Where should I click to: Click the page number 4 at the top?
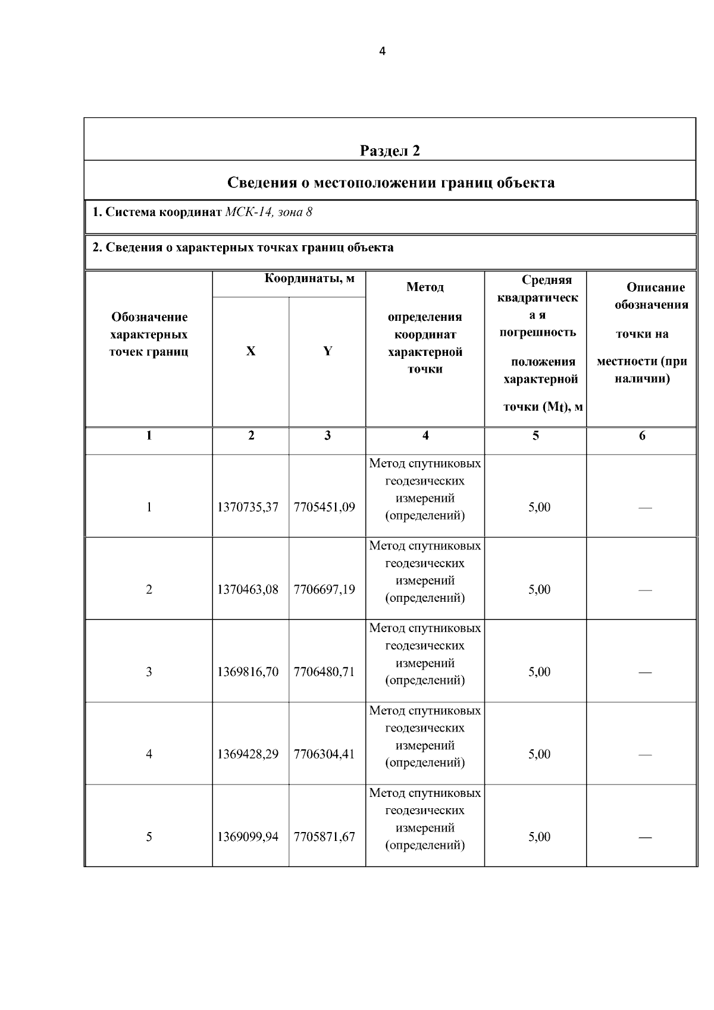[382, 52]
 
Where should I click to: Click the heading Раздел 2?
[390, 151]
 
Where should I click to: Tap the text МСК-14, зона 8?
[268, 212]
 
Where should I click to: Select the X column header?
[250, 351]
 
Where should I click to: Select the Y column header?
[327, 351]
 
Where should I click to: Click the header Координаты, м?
[309, 279]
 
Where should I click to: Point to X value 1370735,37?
[248, 508]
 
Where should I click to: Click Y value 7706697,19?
[324, 590]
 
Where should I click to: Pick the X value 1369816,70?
[248, 672]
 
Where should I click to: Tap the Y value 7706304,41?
[324, 754]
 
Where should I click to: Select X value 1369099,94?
[248, 837]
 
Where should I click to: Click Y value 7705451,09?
[324, 508]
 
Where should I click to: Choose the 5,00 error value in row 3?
[539, 672]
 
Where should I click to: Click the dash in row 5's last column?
[645, 837]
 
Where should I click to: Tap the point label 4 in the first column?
[149, 754]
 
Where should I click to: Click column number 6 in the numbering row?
[642, 436]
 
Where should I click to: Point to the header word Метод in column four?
[425, 287]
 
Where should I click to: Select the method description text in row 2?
[425, 572]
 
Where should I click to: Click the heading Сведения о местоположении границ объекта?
[391, 183]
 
